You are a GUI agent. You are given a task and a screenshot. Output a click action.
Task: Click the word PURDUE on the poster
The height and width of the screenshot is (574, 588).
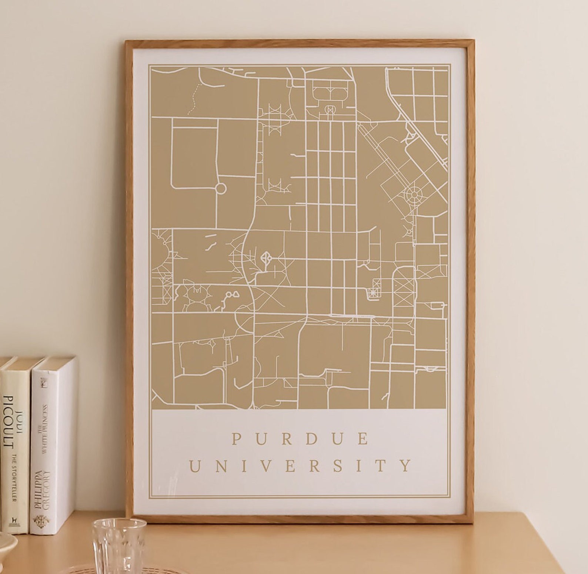coord(300,439)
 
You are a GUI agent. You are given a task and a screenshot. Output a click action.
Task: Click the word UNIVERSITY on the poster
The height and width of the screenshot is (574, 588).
coord(300,466)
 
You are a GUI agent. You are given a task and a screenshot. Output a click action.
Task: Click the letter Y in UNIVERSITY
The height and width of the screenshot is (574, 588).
coord(406,466)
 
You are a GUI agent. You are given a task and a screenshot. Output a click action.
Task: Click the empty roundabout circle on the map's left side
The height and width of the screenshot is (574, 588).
coord(220,189)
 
